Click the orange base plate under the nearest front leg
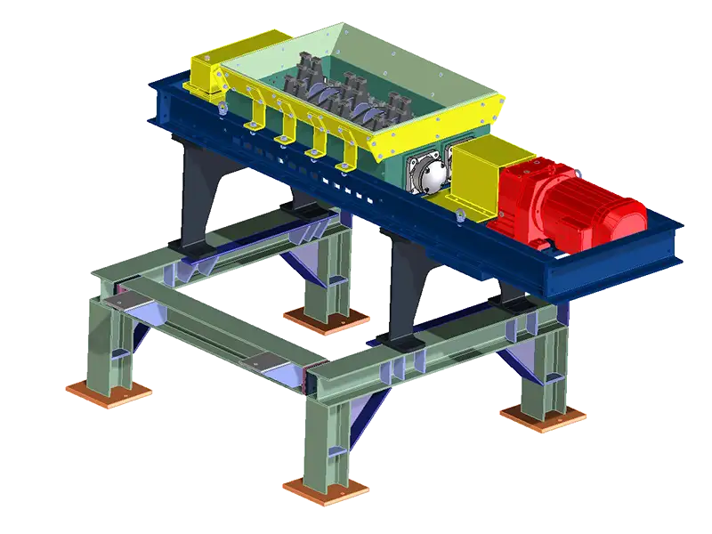tap(325, 486)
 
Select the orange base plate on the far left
tap(108, 389)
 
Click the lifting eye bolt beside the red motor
tap(458, 216)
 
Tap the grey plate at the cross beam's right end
tap(263, 360)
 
